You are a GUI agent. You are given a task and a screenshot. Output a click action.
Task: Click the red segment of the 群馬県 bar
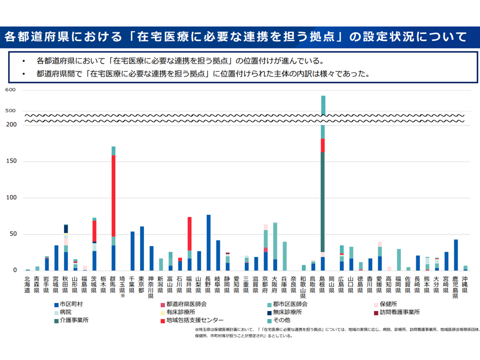pyautogui.click(x=113, y=195)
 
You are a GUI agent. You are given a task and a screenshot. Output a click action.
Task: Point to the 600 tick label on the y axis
pyautogui.click(x=11, y=90)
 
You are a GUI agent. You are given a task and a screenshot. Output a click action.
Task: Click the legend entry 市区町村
pyautogui.click(x=70, y=304)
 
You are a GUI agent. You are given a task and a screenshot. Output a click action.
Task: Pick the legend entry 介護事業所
pyautogui.click(x=70, y=320)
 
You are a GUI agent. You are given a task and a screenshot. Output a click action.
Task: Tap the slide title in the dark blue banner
pyautogui.click(x=235, y=36)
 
